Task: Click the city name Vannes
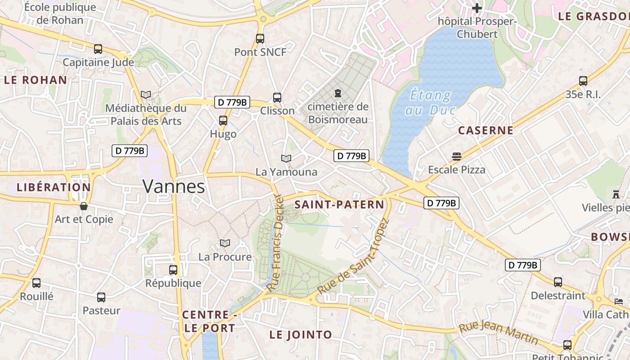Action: click(174, 186)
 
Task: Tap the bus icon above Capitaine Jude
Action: click(98, 49)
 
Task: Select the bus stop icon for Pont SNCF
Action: click(260, 39)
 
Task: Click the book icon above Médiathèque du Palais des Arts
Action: click(146, 95)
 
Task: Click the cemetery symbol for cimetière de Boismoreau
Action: click(337, 93)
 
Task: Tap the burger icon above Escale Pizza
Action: click(457, 157)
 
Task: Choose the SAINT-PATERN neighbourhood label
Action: click(339, 205)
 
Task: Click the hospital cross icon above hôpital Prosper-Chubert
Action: click(477, 8)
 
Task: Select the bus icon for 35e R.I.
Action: click(583, 81)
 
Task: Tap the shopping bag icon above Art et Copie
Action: click(84, 206)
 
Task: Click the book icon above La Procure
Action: click(225, 243)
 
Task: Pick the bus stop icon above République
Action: click(173, 270)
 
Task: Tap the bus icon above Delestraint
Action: click(558, 282)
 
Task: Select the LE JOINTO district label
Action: click(301, 335)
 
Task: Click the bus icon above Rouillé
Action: click(36, 283)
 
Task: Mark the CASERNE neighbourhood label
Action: click(486, 130)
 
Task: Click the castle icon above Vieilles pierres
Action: click(616, 194)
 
